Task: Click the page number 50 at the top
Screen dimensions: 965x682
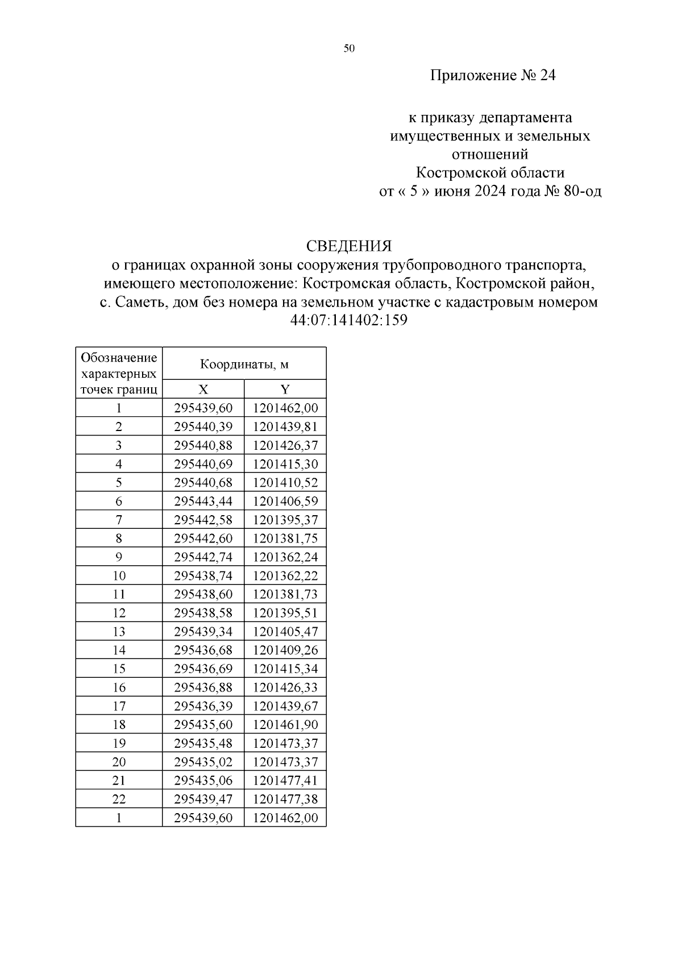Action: click(349, 49)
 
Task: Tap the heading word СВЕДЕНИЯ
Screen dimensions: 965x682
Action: click(349, 246)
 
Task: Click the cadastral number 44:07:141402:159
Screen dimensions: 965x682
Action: click(349, 320)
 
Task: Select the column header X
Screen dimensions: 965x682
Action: click(203, 389)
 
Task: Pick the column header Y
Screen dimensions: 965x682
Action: click(285, 389)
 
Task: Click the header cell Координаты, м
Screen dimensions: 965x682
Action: click(244, 364)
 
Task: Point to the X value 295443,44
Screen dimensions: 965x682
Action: click(203, 501)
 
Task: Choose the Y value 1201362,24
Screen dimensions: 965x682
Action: click(285, 557)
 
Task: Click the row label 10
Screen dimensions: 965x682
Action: click(119, 575)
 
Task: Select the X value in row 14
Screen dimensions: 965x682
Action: click(203, 650)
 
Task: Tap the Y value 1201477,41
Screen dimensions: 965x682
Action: click(285, 780)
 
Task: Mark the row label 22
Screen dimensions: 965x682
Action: click(119, 799)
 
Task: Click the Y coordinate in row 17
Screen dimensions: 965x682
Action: click(285, 706)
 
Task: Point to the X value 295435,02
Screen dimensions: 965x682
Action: click(203, 761)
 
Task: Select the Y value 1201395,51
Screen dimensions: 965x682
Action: click(285, 612)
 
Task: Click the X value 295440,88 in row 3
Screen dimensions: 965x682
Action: click(203, 445)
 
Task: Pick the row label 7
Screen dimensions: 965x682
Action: click(119, 520)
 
